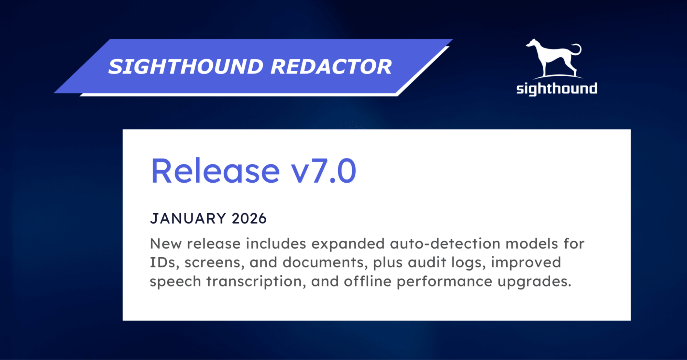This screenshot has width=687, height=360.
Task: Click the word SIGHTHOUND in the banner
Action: (186, 67)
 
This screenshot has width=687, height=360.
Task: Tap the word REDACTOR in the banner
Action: (331, 67)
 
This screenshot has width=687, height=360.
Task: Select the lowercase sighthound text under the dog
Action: (556, 89)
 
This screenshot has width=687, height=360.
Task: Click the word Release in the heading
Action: (215, 171)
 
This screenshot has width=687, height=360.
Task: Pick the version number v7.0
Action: (323, 171)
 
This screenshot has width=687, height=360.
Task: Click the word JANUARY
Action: (188, 219)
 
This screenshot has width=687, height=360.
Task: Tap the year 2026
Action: (249, 219)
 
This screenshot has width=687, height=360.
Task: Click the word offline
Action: (367, 282)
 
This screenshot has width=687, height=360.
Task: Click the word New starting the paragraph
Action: (166, 244)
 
